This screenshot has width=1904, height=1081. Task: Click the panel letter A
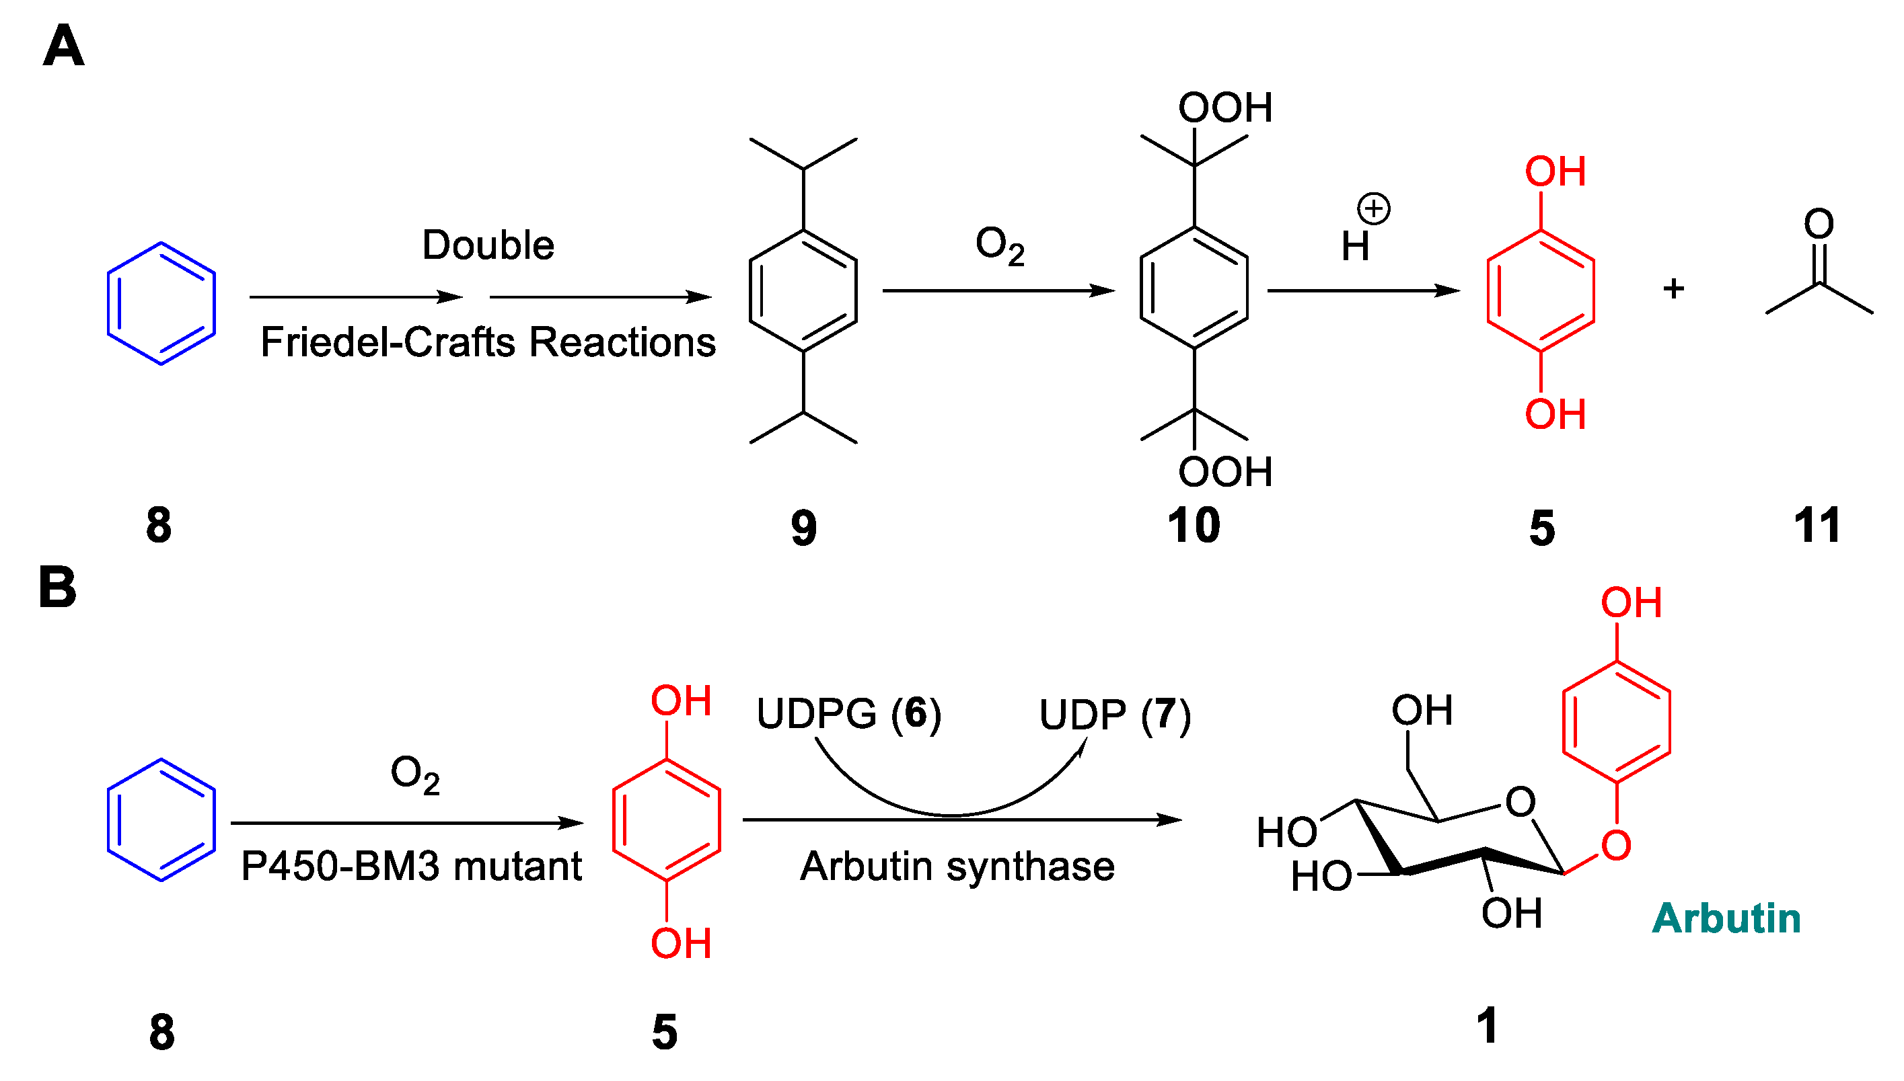(x=63, y=46)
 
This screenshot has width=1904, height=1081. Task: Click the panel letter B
(x=57, y=588)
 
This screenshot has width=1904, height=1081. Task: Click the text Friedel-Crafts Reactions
(x=487, y=342)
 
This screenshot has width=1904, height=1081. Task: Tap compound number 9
(x=803, y=528)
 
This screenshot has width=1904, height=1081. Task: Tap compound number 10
(x=1193, y=526)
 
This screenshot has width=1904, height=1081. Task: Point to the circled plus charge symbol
(x=1373, y=208)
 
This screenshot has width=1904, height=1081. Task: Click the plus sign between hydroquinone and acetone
(x=1673, y=288)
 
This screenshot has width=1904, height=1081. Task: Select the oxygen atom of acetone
(x=1819, y=223)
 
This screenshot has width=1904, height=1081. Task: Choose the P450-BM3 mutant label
(x=411, y=866)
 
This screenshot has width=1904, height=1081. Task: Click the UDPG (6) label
(x=848, y=713)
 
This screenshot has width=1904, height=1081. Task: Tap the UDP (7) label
(x=1114, y=715)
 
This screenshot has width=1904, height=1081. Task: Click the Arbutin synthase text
(x=957, y=866)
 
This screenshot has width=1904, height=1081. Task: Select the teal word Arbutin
(x=1726, y=918)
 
